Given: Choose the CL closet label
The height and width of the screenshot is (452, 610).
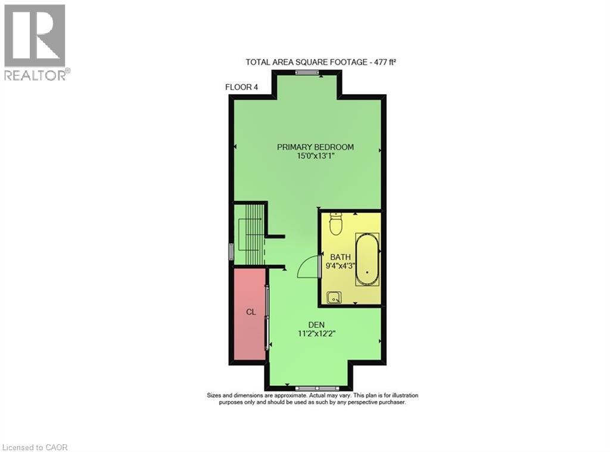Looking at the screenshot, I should [251, 312].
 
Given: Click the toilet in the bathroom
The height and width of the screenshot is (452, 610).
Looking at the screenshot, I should [336, 224].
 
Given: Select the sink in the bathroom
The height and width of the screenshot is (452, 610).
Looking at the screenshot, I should [334, 296].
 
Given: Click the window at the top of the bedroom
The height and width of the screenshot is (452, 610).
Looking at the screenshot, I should [307, 73].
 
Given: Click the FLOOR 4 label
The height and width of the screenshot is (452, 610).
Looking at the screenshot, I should [241, 87].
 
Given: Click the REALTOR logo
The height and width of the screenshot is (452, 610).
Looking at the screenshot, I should [35, 42].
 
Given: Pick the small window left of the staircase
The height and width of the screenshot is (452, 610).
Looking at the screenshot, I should [232, 250].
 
